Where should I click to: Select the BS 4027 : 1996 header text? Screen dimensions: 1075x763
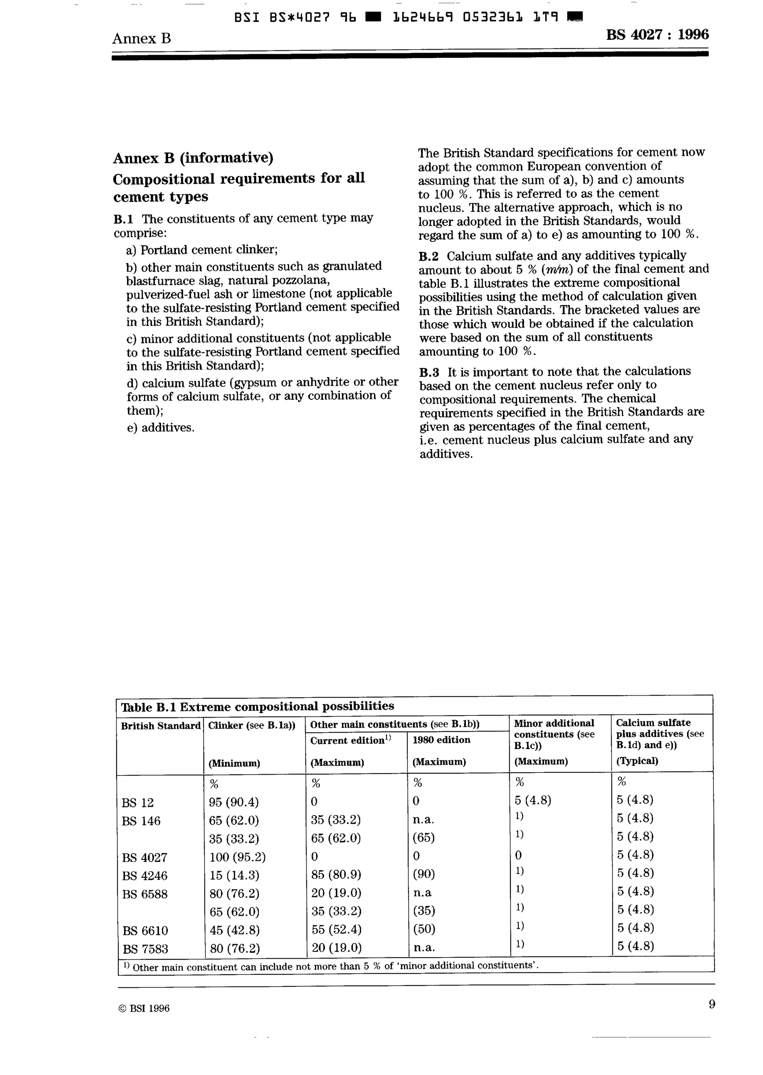(657, 35)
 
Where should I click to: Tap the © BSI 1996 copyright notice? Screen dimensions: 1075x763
(144, 1008)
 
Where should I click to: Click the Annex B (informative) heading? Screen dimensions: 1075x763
(193, 158)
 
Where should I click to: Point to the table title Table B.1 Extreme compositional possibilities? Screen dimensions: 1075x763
(257, 706)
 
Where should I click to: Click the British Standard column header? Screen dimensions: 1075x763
(160, 725)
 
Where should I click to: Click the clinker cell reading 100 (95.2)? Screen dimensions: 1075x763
(237, 857)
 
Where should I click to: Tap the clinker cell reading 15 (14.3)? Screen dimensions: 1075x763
(234, 875)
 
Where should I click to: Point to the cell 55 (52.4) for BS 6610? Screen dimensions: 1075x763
(336, 930)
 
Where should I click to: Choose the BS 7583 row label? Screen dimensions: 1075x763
(145, 949)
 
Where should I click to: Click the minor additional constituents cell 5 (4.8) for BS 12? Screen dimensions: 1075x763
(533, 800)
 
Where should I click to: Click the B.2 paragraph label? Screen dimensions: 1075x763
(428, 257)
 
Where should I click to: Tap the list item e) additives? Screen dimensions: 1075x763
(161, 428)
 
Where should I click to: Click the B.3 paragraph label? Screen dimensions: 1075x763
(429, 372)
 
